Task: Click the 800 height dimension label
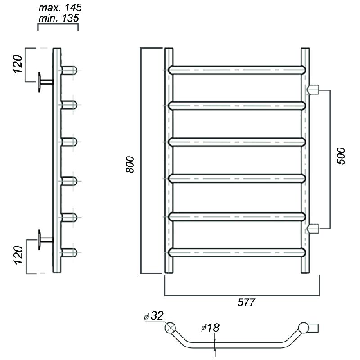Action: [x=130, y=164]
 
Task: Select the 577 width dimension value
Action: [x=246, y=302]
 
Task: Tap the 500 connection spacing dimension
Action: [x=341, y=156]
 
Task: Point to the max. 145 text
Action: [x=60, y=8]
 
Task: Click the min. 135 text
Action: [x=59, y=18]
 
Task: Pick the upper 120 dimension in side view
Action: [x=18, y=64]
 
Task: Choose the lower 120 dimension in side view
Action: [x=18, y=255]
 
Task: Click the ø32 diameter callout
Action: [x=153, y=316]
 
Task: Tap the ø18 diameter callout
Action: [x=210, y=328]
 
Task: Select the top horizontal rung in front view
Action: [x=237, y=70]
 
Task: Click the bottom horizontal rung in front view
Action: [x=237, y=252]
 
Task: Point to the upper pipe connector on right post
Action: [x=312, y=90]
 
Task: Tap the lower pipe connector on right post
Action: [x=312, y=229]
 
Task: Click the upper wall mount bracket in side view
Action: [x=45, y=82]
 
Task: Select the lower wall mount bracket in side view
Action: [x=45, y=240]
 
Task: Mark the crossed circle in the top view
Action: [x=170, y=328]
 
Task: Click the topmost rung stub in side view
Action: [x=69, y=70]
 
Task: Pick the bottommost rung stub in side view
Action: [x=69, y=252]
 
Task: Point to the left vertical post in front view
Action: [x=169, y=160]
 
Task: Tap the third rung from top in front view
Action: [x=237, y=142]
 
